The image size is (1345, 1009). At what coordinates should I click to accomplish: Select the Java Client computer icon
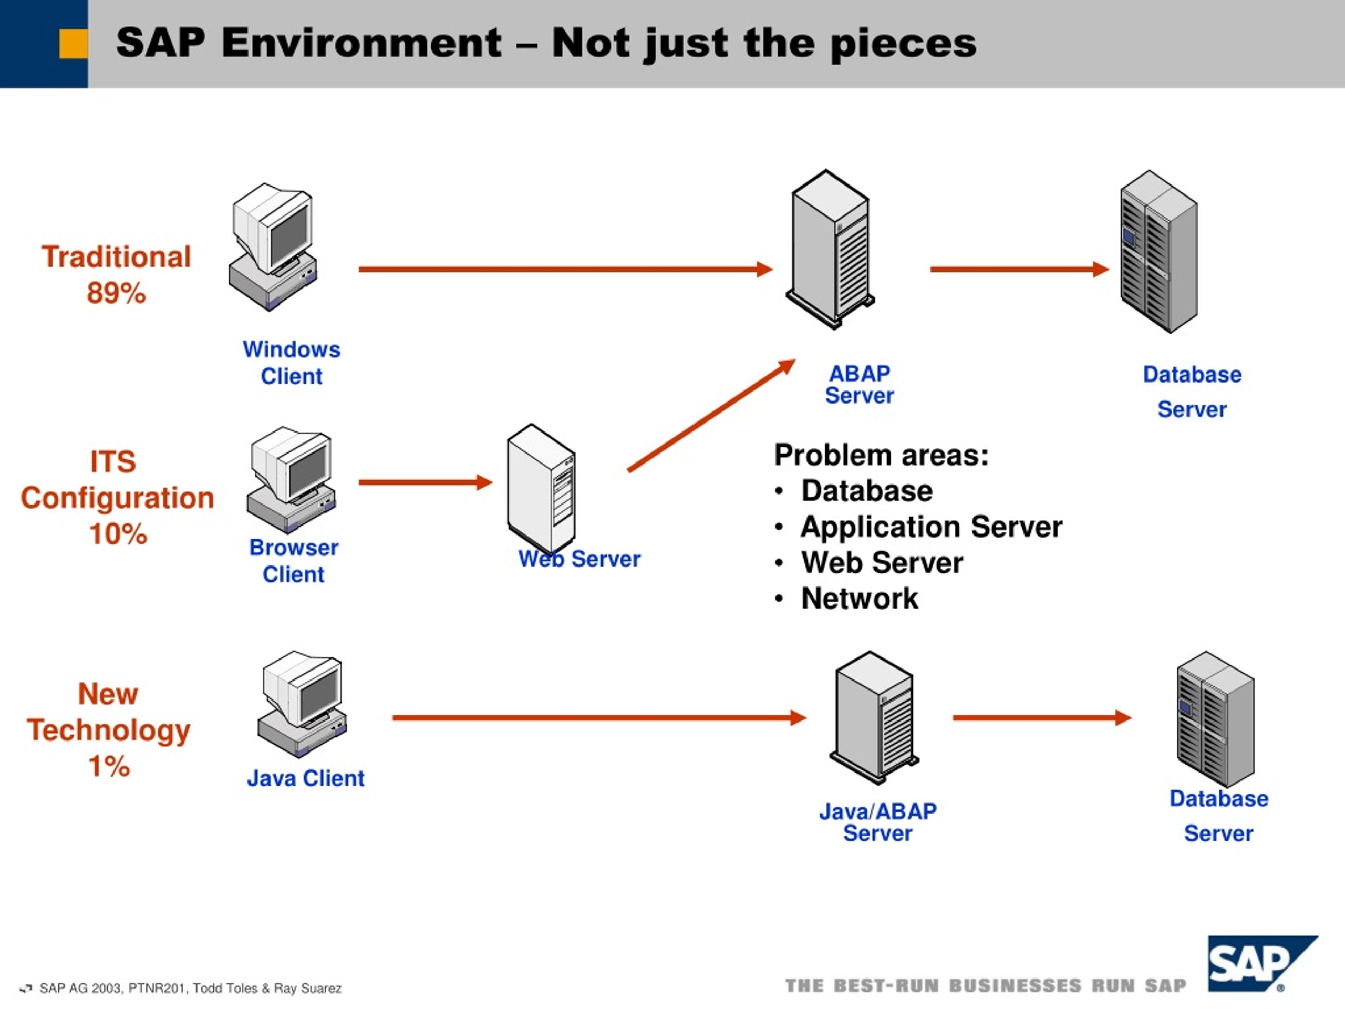coord(302,704)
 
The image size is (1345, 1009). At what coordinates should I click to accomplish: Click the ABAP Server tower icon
coord(831,250)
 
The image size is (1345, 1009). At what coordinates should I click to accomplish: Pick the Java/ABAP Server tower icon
coord(874,716)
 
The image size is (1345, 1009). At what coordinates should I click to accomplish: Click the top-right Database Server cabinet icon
coord(1159,251)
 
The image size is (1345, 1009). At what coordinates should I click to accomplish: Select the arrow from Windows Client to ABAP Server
coord(565,269)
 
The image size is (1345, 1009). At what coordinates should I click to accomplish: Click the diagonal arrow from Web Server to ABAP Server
coord(711,415)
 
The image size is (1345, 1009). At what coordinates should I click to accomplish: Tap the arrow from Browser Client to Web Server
coord(426,482)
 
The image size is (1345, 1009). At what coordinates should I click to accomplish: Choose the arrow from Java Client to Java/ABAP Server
coord(599,718)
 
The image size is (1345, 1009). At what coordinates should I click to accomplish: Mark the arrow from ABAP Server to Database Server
coord(1020,269)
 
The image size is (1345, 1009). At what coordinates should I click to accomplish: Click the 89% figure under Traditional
coord(116,293)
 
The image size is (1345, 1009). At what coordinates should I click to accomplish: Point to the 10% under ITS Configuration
coord(118,534)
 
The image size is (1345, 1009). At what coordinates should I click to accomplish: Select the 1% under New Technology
coord(109,766)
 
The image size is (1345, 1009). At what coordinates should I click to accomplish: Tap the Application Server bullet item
coord(919,527)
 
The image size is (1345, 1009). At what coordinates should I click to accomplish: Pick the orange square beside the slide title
coord(74,44)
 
